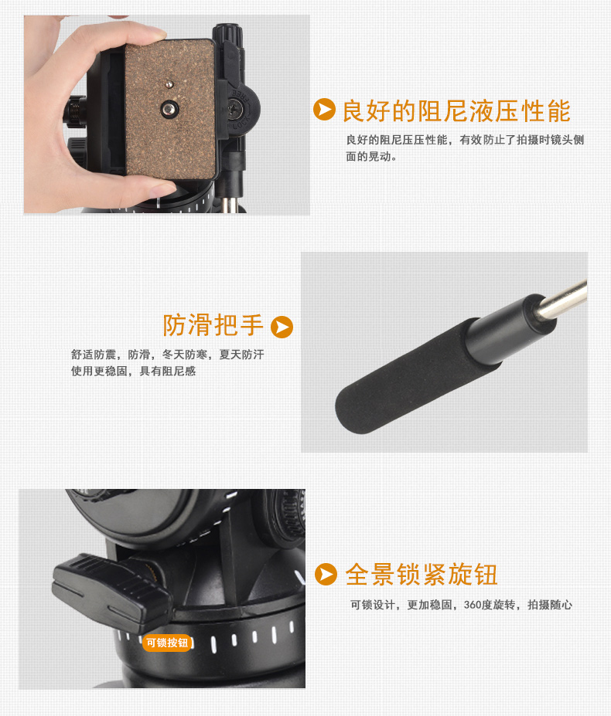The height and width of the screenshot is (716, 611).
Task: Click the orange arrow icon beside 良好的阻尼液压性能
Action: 324,110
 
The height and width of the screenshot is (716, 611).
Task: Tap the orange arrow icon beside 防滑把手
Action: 282,327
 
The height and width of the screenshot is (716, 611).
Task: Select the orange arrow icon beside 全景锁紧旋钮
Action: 326,575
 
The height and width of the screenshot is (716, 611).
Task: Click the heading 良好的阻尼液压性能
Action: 456,111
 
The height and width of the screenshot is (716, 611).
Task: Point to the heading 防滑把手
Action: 213,325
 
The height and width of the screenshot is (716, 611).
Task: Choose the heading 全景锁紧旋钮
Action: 422,575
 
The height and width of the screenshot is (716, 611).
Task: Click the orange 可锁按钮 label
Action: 167,643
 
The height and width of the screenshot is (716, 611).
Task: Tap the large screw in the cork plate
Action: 169,109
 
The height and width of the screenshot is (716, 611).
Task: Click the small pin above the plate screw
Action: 169,84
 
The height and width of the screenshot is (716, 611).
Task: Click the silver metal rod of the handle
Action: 562,300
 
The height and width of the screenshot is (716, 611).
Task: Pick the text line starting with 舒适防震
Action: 167,355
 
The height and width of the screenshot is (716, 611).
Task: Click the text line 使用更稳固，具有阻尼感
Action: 133,372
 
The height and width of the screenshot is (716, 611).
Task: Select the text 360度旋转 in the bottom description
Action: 490,605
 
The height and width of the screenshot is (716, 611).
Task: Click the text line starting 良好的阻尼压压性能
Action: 465,140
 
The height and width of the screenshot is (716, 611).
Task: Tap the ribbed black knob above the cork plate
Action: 227,33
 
